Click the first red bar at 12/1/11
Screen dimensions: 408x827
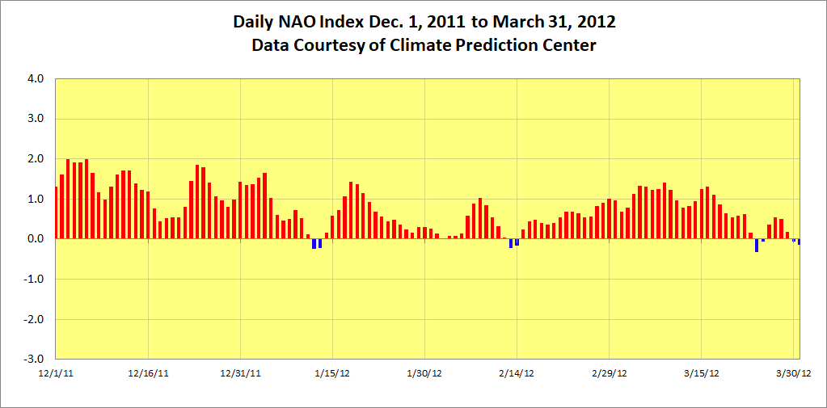[x=56, y=213]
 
